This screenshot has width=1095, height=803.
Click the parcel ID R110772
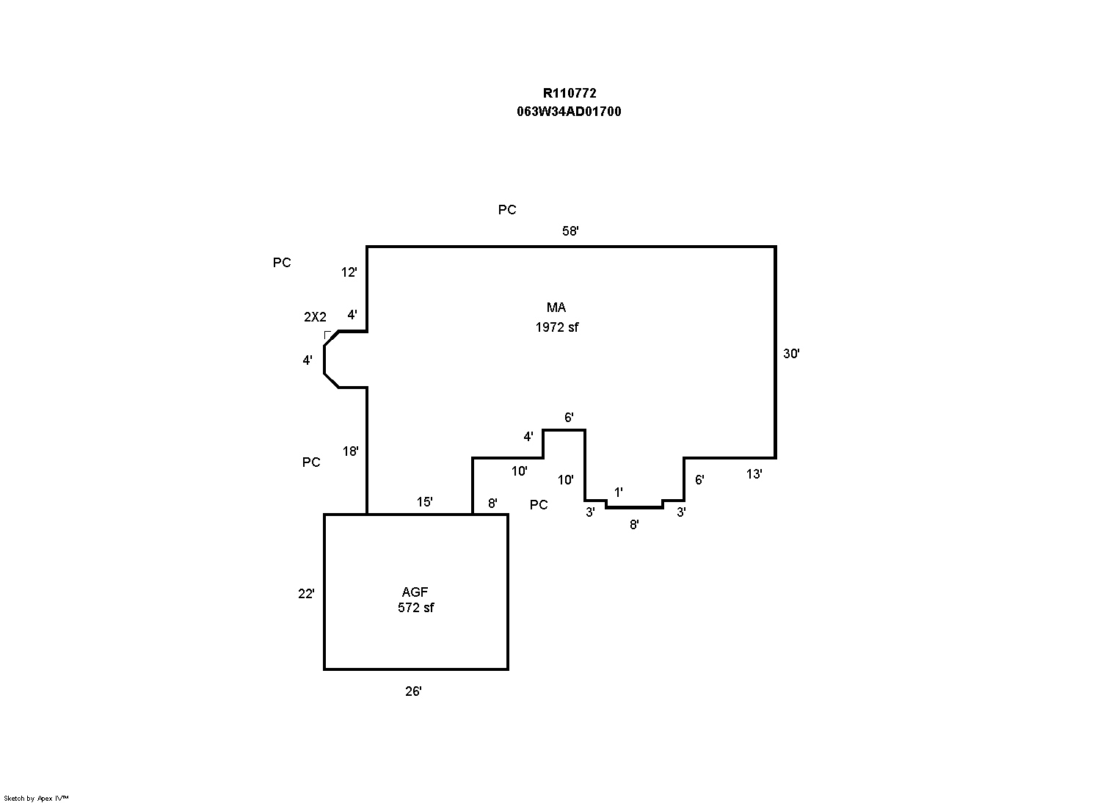point(569,93)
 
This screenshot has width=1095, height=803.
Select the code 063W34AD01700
point(569,112)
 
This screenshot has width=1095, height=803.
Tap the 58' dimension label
point(570,231)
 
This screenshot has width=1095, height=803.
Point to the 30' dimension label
point(791,354)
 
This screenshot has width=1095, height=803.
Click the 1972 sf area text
point(556,327)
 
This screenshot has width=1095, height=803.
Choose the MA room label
point(556,308)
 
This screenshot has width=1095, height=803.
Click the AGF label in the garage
point(415,592)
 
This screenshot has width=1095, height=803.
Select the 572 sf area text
point(415,608)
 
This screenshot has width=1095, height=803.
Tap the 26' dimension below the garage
point(413,691)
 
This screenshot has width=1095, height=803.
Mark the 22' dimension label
point(306,594)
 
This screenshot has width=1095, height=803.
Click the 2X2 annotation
point(315,317)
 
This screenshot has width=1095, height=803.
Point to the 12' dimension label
point(349,272)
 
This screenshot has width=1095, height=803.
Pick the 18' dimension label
point(351,451)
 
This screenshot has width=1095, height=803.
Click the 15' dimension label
point(424,502)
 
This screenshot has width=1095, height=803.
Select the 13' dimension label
point(754,474)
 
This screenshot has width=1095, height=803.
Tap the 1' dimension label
point(619,493)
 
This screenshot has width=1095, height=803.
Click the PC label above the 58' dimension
point(507,210)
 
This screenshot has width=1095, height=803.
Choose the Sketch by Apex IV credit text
point(36,798)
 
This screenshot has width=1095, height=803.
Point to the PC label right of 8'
point(539,505)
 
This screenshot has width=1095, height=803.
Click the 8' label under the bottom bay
point(634,525)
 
